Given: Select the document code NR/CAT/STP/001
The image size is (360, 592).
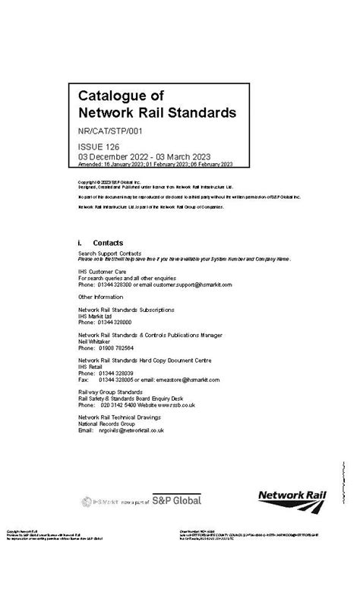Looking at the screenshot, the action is click(x=110, y=131).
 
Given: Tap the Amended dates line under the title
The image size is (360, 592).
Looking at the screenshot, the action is click(x=156, y=164).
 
